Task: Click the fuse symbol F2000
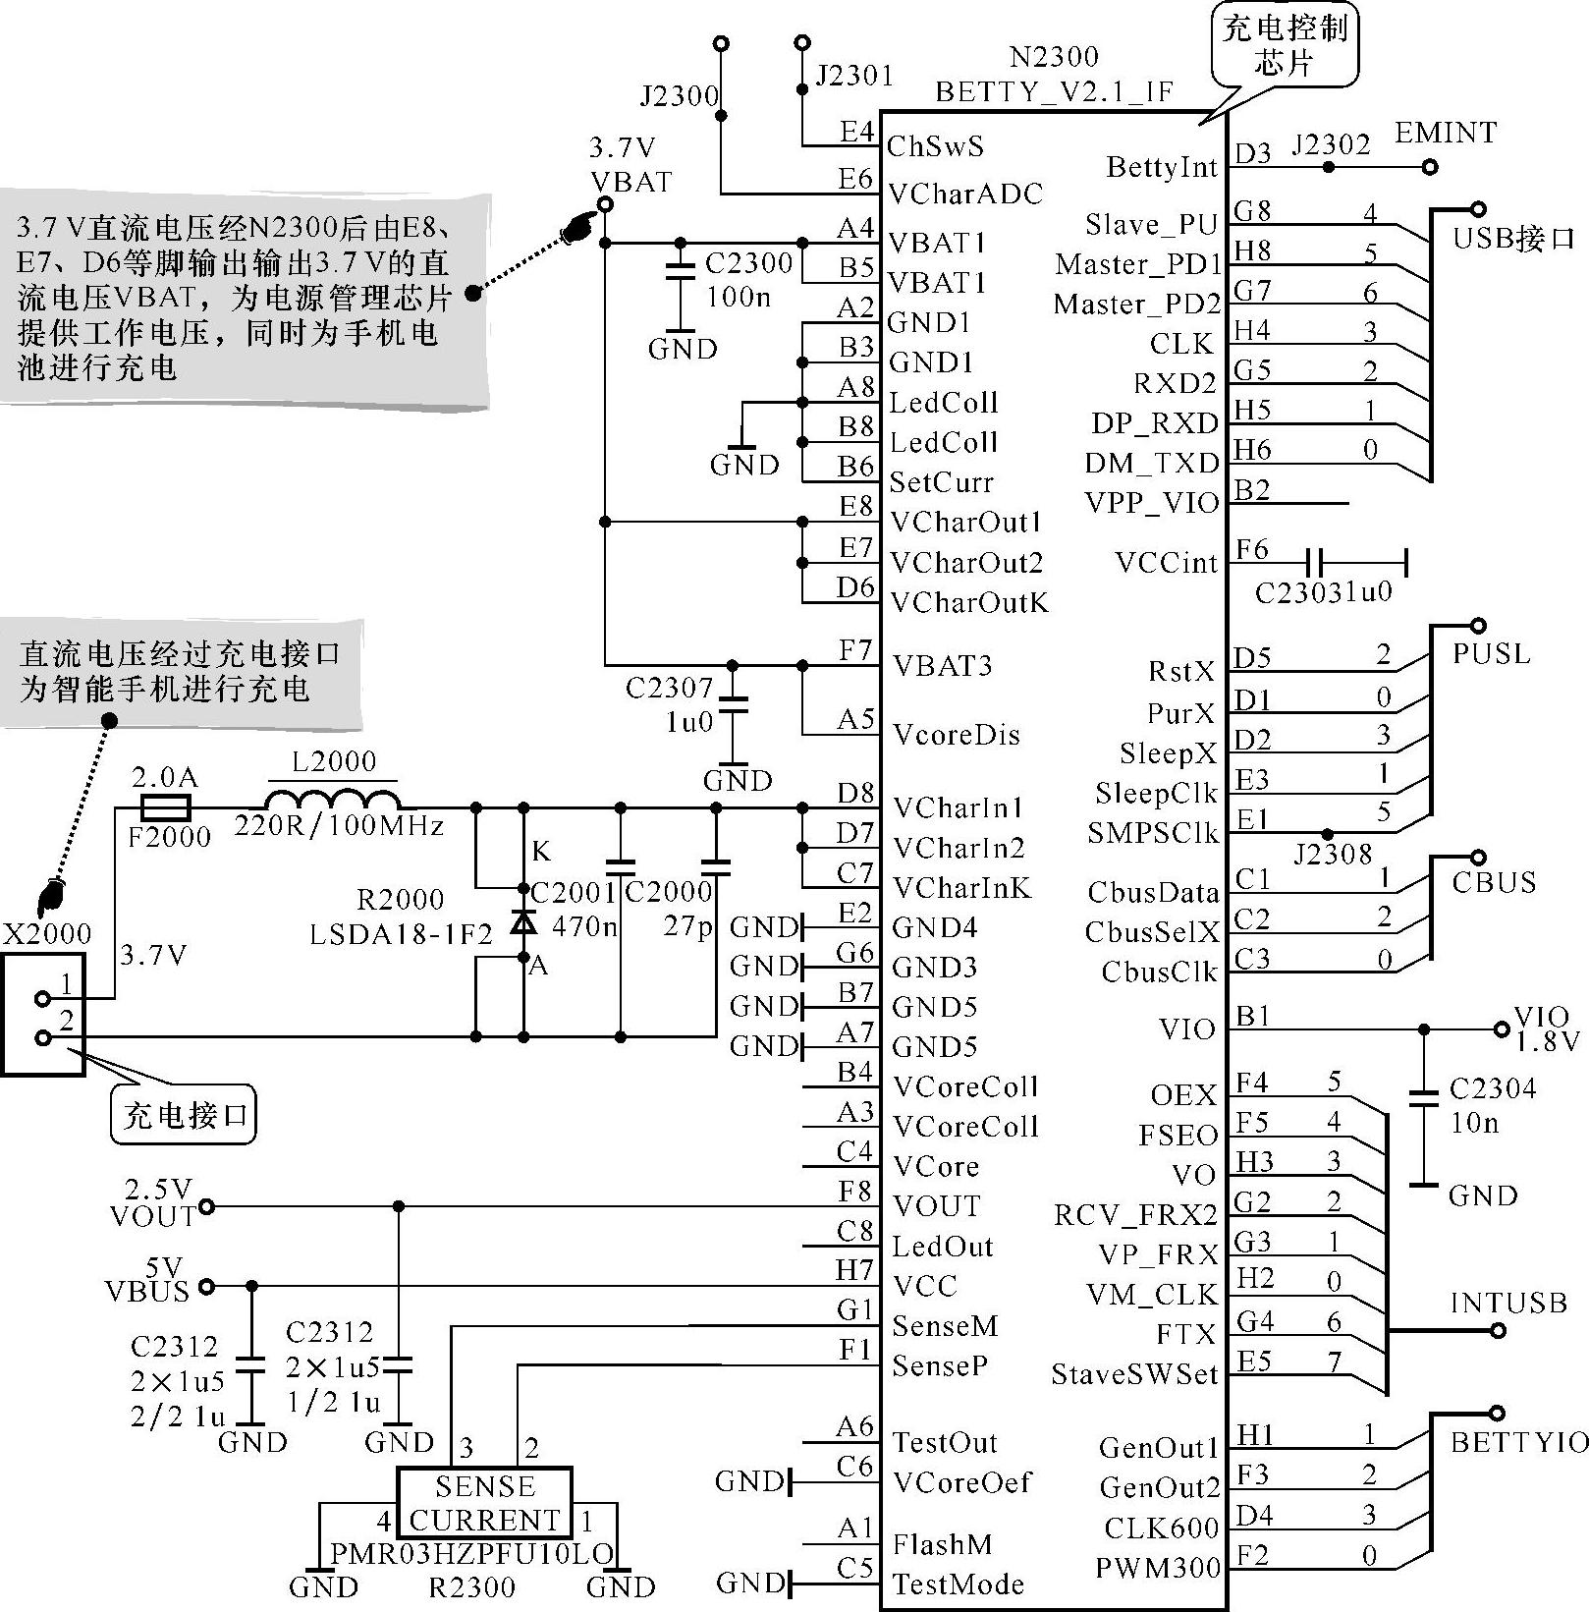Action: click(x=165, y=808)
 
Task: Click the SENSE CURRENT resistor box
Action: click(x=484, y=1502)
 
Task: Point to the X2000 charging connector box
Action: click(x=43, y=1014)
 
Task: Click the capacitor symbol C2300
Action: click(x=680, y=272)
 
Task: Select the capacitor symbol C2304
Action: click(x=1424, y=1098)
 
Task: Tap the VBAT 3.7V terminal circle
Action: click(x=605, y=204)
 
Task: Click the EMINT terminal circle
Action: click(x=1430, y=167)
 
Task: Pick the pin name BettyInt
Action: click(x=1162, y=168)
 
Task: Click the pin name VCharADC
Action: click(x=965, y=194)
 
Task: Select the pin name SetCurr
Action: click(x=942, y=482)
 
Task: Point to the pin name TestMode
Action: click(x=944, y=1584)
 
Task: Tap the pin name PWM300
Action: click(x=1158, y=1567)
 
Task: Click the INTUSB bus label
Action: click(x=1508, y=1304)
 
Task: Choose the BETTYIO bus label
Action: click(x=1519, y=1442)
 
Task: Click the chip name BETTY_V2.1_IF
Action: click(x=1054, y=92)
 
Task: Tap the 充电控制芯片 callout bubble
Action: click(x=1285, y=45)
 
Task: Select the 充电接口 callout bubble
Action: click(x=184, y=1114)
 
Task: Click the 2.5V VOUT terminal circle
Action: click(x=206, y=1206)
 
